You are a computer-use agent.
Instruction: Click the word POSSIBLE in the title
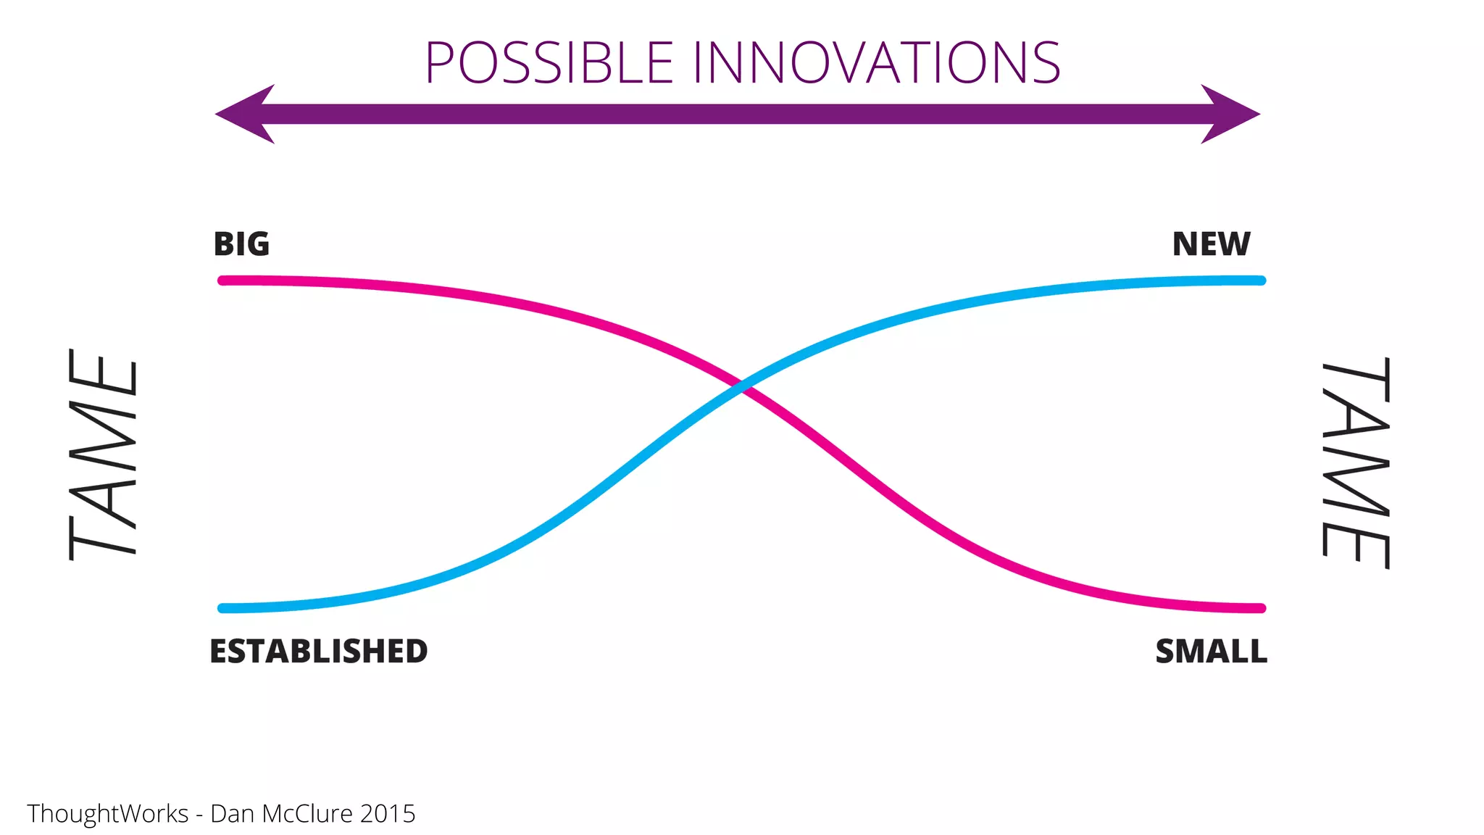pos(549,63)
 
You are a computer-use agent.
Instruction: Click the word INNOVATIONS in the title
pos(876,63)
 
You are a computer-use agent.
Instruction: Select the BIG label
pos(241,244)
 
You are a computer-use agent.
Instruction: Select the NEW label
pos(1211,244)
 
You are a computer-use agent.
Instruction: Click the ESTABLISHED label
pos(318,651)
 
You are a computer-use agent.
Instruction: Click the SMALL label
pos(1211,651)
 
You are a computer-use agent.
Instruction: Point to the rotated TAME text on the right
pos(1356,464)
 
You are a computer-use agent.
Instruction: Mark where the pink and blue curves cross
pos(743,386)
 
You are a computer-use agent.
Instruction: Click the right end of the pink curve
pos(1261,608)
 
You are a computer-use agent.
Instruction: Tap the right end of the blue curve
pos(1261,281)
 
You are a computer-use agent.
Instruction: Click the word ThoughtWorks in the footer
pos(108,813)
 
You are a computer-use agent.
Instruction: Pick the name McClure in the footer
pos(308,813)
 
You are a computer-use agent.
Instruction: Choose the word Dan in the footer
pos(231,813)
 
